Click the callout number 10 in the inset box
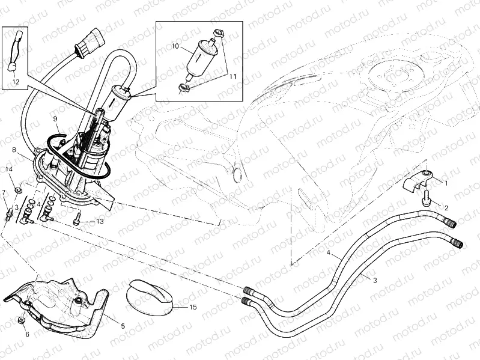tap(175, 46)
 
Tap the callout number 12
tap(16, 81)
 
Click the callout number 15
tap(193, 308)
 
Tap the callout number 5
tap(123, 326)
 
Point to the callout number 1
tap(445, 181)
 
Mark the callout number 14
tap(9, 170)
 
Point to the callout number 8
tap(13, 148)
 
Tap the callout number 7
tap(4, 192)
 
